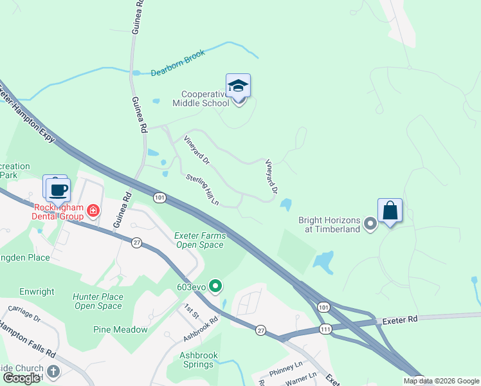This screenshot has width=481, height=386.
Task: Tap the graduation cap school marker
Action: pos(238,86)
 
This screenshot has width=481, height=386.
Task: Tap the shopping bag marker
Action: pos(390,210)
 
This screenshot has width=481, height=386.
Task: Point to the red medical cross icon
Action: pos(93,210)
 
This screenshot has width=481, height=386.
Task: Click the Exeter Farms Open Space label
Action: pos(200,240)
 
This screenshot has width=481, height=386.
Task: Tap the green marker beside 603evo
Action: pos(215,286)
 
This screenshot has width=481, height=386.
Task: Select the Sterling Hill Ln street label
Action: pos(203,190)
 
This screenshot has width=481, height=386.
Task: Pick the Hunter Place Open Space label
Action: pos(98,301)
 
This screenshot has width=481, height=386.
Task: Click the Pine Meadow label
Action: pos(120,329)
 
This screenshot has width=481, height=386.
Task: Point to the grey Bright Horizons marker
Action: pos(370,224)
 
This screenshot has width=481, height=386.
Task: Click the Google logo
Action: pos(21,378)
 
